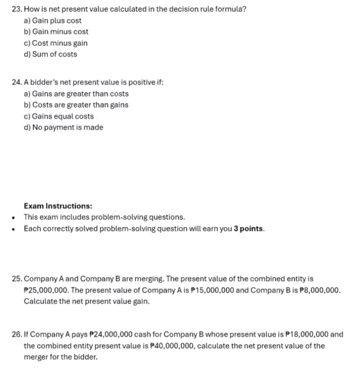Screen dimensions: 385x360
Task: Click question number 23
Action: (17, 9)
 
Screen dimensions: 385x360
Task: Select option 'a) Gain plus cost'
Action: (53, 21)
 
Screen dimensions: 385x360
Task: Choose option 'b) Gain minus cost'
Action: (56, 32)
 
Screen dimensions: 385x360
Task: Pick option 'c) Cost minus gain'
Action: (56, 43)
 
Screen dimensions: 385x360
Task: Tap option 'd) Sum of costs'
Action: (50, 54)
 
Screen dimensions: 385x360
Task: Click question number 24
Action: (17, 82)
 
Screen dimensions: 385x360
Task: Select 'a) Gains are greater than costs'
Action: (76, 94)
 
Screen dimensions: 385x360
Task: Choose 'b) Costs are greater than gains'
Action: (76, 105)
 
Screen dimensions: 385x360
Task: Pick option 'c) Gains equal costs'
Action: (59, 116)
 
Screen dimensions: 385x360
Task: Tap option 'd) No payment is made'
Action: (64, 127)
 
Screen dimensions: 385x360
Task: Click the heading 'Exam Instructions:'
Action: (58, 206)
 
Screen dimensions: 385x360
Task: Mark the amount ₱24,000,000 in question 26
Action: (111, 335)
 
